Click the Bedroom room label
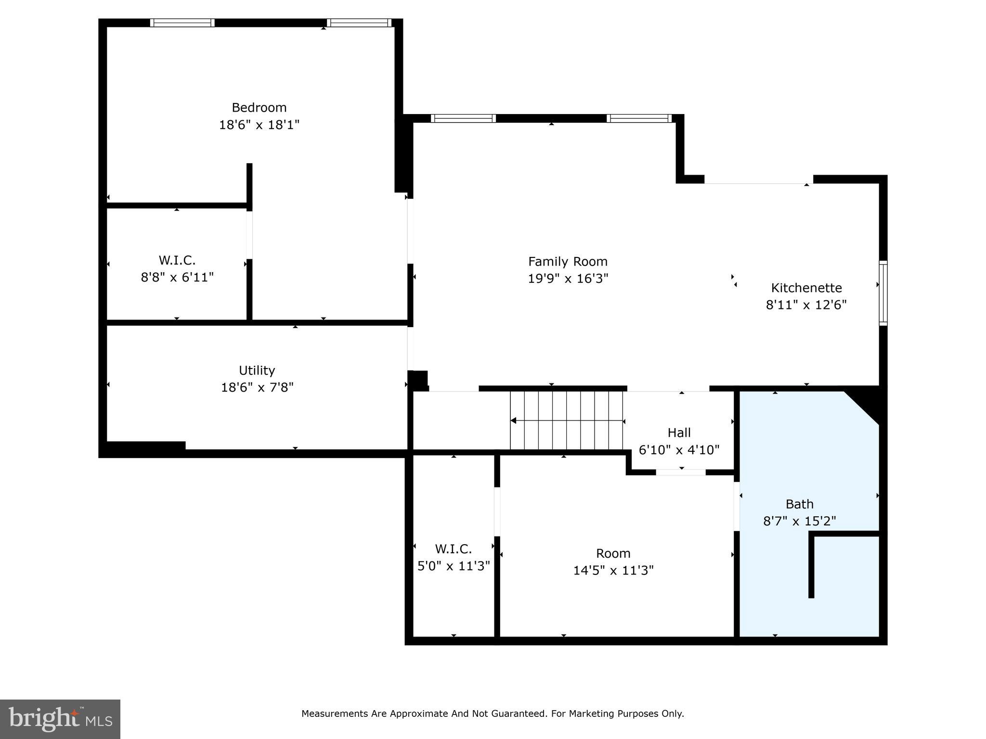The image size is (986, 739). point(259,107)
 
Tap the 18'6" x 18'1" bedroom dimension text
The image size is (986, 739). point(259,125)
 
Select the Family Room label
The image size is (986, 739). point(568,262)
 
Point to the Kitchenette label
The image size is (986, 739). point(806,288)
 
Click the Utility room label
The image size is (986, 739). point(257,370)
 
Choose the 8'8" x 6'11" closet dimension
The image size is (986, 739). point(177,278)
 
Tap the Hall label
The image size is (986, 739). point(679,433)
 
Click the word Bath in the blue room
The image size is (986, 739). point(799,504)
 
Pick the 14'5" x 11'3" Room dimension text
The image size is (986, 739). point(613,571)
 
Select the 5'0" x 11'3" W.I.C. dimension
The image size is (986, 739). point(454,566)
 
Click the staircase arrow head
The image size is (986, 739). point(513,420)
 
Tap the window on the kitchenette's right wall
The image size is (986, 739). point(883,293)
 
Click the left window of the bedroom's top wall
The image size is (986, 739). point(182,23)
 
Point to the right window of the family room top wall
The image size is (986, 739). point(638,118)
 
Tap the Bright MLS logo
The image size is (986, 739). point(60,719)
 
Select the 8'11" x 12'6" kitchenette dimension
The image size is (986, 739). point(806,305)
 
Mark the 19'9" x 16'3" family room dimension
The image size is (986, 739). point(568,279)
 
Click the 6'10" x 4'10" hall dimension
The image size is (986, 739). point(679,450)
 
